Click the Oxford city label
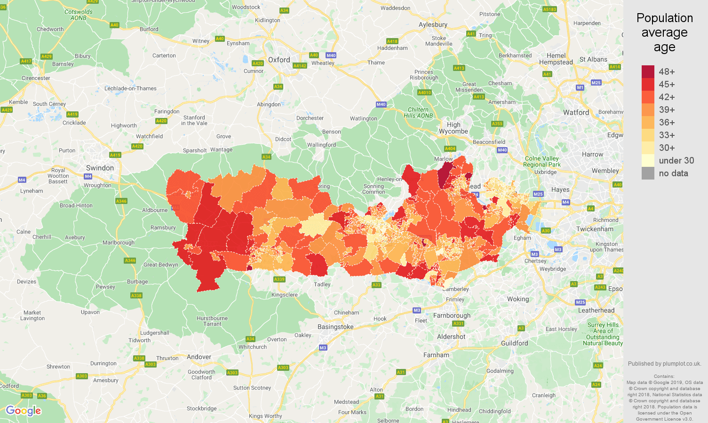(279, 60)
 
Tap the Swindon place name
(100, 168)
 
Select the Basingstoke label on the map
(335, 327)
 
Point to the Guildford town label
(514, 343)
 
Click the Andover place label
(199, 357)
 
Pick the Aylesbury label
(433, 24)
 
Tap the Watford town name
(576, 112)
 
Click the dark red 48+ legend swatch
(648, 71)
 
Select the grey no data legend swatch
(648, 173)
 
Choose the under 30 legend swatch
(648, 160)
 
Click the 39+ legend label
(667, 110)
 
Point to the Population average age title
(664, 32)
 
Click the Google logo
(24, 411)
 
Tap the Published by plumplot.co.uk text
(664, 363)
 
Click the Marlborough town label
(119, 243)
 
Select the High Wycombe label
(453, 128)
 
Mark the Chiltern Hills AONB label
(418, 112)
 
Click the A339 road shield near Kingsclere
(279, 279)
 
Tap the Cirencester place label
(36, 78)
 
